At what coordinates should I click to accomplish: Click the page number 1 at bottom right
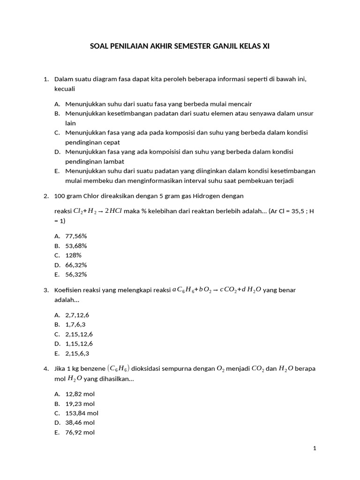coord(315,449)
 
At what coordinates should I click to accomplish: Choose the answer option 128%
coord(74,255)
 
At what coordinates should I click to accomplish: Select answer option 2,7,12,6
coord(77,315)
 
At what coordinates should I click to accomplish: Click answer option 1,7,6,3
coord(75,324)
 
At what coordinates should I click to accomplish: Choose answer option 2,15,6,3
coord(77,353)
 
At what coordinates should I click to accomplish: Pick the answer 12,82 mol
coord(80,394)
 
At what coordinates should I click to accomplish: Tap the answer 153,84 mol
coord(82,413)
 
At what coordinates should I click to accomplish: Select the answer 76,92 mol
coord(80,432)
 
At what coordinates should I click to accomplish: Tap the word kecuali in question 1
coord(65,89)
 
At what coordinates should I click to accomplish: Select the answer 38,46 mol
coord(80,422)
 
